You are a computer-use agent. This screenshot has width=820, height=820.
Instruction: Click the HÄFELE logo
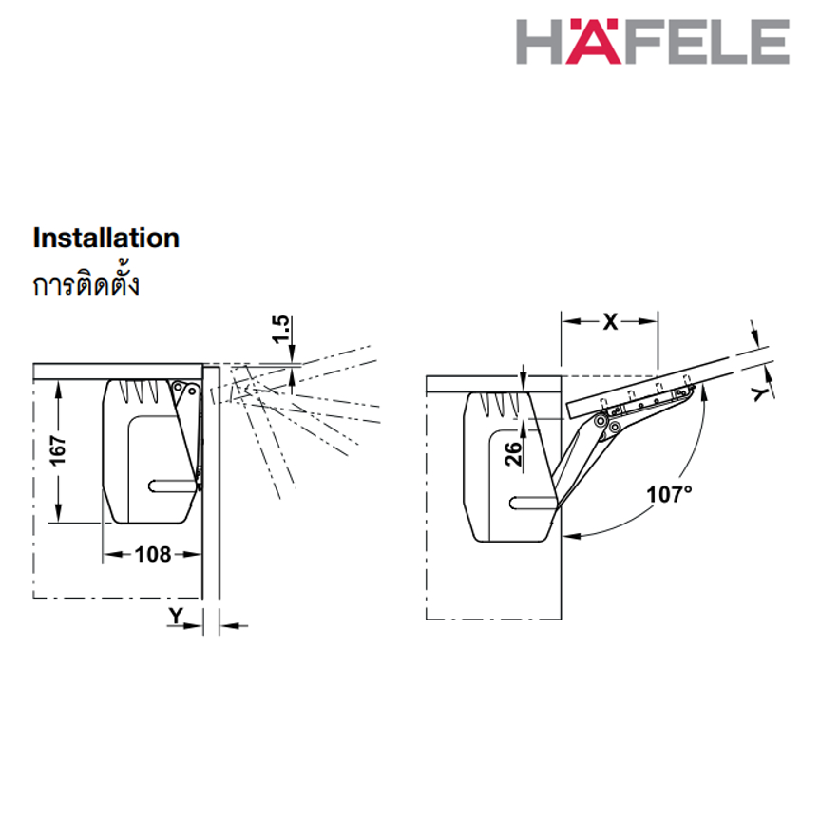pos(653,41)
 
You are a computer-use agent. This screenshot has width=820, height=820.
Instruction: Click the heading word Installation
pos(106,238)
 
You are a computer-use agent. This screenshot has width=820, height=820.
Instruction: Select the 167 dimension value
pos(58,450)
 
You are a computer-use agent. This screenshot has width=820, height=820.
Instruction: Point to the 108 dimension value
pos(153,554)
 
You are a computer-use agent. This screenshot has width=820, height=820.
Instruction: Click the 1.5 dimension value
pos(281,329)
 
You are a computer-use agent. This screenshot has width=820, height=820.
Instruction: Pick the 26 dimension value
pos(513,453)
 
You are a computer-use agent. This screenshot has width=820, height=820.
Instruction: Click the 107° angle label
pos(669,494)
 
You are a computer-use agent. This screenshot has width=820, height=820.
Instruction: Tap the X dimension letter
pos(610,321)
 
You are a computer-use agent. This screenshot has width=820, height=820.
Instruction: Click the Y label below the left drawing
pos(176,616)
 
